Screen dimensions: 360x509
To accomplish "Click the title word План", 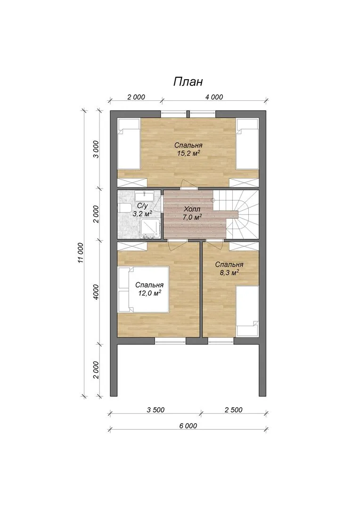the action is (x=188, y=82).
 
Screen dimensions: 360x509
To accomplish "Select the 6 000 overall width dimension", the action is (x=188, y=426).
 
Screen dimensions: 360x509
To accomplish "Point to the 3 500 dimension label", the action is (x=155, y=410).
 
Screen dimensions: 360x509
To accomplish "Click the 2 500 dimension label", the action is (x=233, y=410).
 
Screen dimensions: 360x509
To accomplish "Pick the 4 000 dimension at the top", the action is (x=214, y=97).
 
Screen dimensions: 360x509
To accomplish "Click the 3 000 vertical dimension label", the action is (x=96, y=149).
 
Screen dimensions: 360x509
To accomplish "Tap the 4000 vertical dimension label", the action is (x=96, y=292).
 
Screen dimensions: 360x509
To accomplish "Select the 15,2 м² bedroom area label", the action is (x=188, y=153).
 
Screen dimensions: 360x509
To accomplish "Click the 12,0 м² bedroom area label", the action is (x=149, y=293).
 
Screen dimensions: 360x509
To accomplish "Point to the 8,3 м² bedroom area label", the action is (x=229, y=273).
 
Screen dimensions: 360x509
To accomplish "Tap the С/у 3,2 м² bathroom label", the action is (x=142, y=210).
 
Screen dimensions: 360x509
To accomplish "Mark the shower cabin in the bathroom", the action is (x=150, y=229).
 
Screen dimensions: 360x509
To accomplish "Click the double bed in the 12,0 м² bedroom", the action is (x=143, y=289).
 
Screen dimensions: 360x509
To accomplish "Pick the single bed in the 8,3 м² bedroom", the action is (x=247, y=311).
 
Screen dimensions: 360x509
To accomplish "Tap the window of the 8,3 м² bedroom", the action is (x=221, y=341).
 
